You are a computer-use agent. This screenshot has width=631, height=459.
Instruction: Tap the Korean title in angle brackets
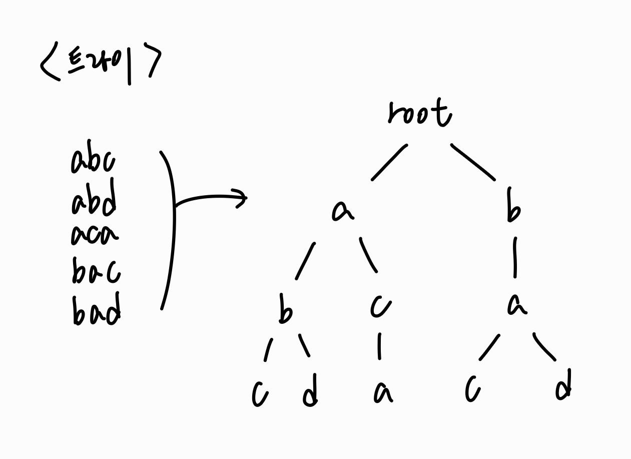point(100,66)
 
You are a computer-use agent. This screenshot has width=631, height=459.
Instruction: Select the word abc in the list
point(93,161)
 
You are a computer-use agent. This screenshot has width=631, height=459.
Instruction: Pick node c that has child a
point(380,306)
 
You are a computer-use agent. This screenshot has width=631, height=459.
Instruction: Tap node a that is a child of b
point(516,304)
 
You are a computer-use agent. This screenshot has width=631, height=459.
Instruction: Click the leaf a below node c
point(382,393)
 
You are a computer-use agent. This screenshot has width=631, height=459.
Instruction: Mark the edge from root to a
point(389,162)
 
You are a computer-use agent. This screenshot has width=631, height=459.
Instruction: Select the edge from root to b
point(472,161)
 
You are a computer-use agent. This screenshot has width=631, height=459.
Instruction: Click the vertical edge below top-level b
point(515,257)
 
